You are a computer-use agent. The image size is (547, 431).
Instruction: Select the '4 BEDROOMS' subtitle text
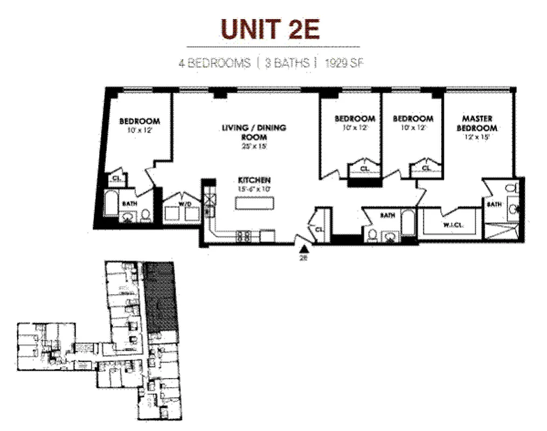pyautogui.click(x=215, y=63)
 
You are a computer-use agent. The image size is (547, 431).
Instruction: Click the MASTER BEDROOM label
pyautogui.click(x=477, y=123)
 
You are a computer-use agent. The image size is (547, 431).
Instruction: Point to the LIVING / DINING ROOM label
pyautogui.click(x=254, y=132)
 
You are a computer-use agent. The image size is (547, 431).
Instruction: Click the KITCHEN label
pyautogui.click(x=254, y=180)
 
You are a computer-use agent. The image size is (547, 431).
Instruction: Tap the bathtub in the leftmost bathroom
pyautogui.click(x=109, y=204)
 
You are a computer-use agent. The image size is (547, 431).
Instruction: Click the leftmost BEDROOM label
pyautogui.click(x=139, y=121)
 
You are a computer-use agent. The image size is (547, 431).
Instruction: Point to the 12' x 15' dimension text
pyautogui.click(x=477, y=137)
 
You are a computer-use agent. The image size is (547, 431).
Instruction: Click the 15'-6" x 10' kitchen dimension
pyautogui.click(x=254, y=189)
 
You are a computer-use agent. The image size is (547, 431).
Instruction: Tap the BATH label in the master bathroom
pyautogui.click(x=494, y=205)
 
